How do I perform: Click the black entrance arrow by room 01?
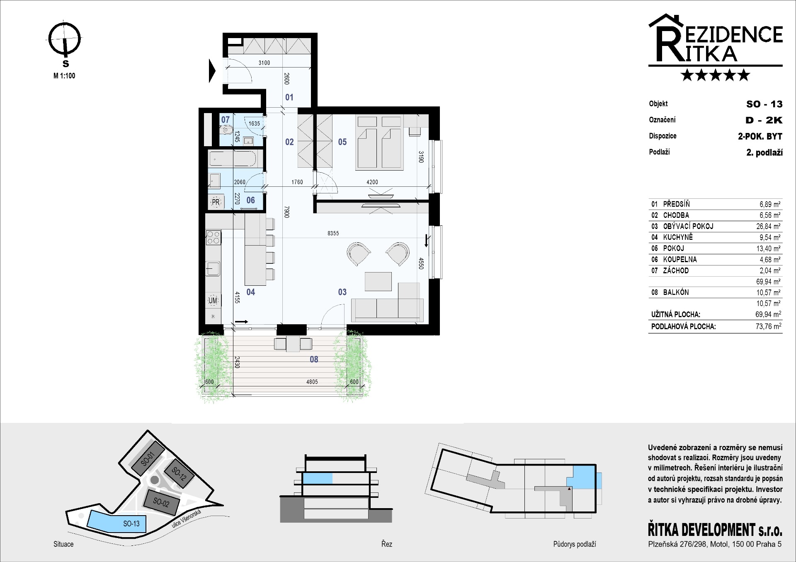point(212,71)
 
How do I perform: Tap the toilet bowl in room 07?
point(227,130)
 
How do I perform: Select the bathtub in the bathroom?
point(235,159)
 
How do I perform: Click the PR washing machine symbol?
point(216,202)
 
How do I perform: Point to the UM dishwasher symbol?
point(213,301)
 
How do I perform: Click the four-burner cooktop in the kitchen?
point(213,237)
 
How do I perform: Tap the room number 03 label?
point(342,292)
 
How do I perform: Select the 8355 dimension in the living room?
point(333,233)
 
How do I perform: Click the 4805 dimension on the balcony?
point(312,382)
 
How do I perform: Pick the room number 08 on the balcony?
point(314,359)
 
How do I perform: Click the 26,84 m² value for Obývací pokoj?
point(768,226)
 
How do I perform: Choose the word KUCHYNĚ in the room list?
point(678,237)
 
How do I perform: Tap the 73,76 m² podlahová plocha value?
point(768,326)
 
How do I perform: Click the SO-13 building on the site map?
point(114,521)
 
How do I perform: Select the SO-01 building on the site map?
point(148,459)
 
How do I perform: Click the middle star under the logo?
point(716,75)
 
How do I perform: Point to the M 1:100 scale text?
point(64,76)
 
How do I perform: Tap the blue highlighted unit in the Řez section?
point(318,479)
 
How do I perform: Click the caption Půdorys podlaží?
point(574,544)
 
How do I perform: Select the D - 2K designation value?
point(764,120)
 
